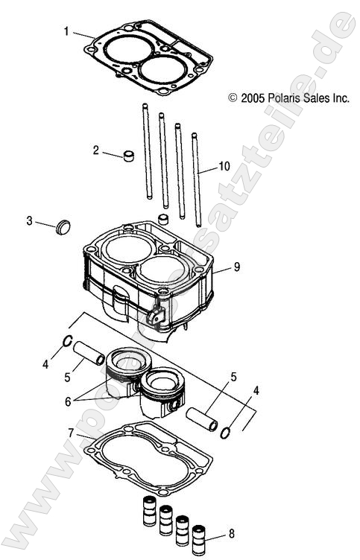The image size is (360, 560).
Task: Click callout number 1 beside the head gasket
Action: pos(66,31)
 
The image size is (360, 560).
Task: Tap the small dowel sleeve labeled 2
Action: pos(128,157)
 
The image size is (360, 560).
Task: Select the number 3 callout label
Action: pos(29,220)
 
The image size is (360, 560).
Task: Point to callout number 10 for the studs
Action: pos(224,166)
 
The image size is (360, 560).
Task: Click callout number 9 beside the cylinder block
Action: pos(236,266)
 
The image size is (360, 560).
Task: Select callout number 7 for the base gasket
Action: pos(71,433)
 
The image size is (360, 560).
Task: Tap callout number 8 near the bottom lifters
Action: pos(232,534)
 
